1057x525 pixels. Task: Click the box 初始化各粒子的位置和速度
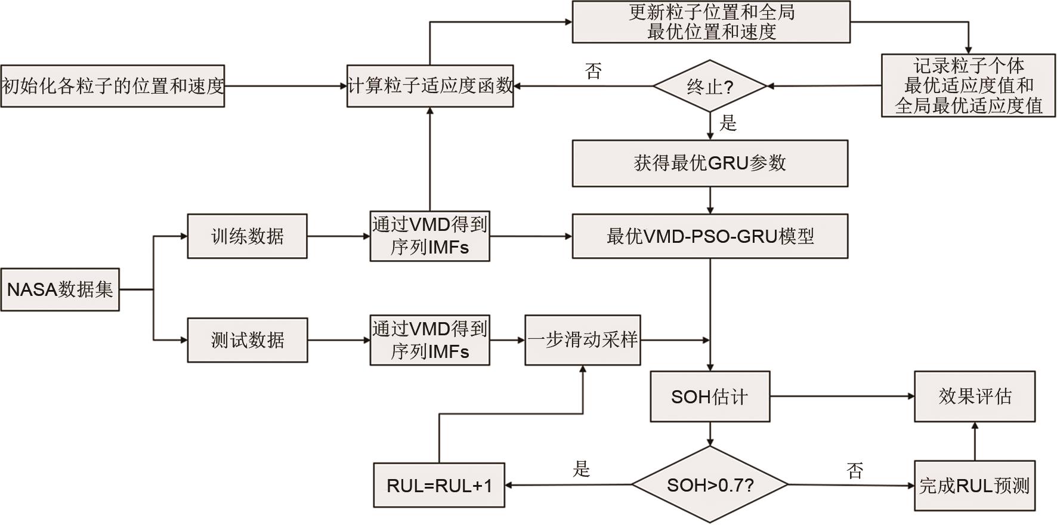(113, 87)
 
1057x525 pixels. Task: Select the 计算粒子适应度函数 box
(430, 87)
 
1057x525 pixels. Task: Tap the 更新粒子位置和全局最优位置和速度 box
(711, 22)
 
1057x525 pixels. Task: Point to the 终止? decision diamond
(709, 87)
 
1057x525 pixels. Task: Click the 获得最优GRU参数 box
(710, 163)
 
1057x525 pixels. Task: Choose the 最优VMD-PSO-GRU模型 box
(710, 236)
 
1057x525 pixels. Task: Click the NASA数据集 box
(60, 290)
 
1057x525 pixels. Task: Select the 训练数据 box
(247, 236)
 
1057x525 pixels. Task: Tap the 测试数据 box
(248, 340)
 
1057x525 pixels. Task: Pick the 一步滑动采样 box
(583, 340)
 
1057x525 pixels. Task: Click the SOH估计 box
(709, 397)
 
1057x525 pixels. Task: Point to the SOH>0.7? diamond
(710, 485)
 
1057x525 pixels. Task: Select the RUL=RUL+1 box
(439, 486)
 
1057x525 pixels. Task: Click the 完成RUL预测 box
(975, 486)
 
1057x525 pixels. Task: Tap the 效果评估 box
(975, 396)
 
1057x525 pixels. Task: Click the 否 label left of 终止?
(594, 72)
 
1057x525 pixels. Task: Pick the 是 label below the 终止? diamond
(728, 123)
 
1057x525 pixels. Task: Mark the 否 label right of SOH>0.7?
(855, 471)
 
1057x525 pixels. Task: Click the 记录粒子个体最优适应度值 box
(968, 86)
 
